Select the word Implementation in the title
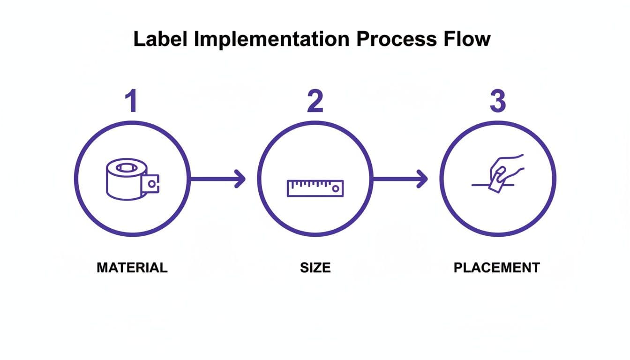coord(271,39)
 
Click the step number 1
coord(132,102)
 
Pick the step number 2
coord(315,102)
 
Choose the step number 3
coord(497,102)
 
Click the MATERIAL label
coord(132,268)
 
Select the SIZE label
coord(315,268)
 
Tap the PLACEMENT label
coord(497,268)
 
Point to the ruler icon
coord(315,188)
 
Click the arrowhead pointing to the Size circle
coord(240,179)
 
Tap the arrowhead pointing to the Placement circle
coord(423,179)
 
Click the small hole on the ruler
coord(335,188)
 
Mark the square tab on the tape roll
coord(151,184)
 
